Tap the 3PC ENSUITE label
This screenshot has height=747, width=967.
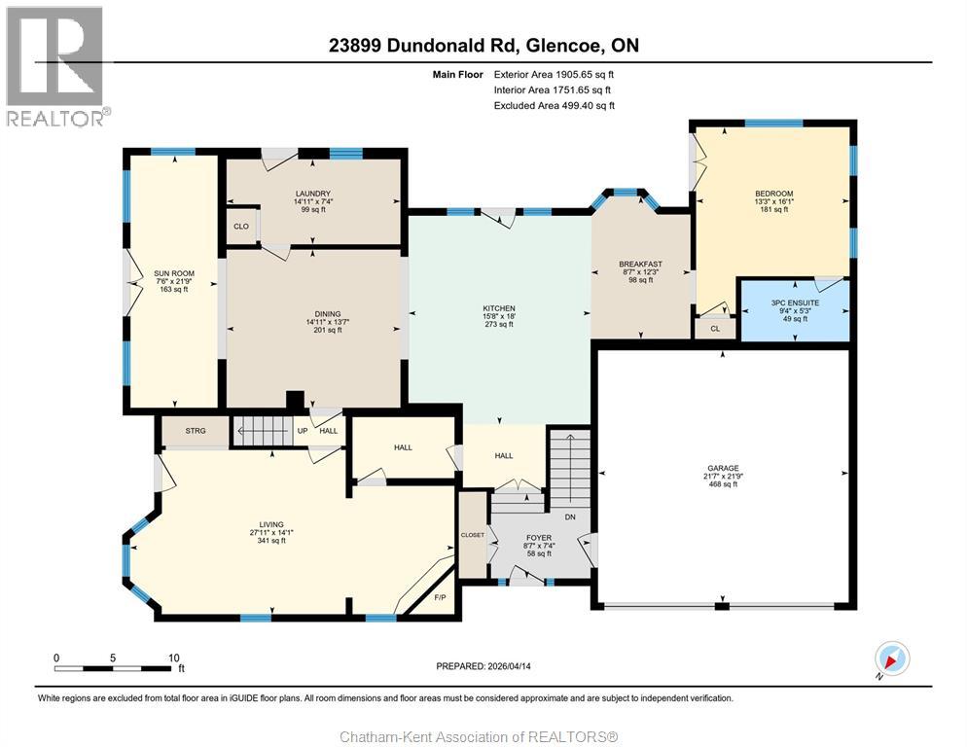tap(795, 302)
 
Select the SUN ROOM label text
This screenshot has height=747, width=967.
tap(175, 273)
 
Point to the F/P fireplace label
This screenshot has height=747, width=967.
tap(439, 597)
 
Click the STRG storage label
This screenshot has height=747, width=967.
tap(196, 430)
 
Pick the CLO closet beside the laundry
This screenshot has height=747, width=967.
tap(241, 227)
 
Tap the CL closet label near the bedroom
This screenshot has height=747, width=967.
tap(715, 329)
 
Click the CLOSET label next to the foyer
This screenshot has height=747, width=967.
tap(473, 535)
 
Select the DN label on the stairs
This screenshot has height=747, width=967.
tap(570, 516)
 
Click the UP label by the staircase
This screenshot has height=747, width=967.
tap(303, 431)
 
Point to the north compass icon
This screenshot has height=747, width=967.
tap(891, 659)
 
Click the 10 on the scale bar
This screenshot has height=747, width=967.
tap(174, 658)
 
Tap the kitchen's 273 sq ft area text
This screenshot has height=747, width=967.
tap(499, 325)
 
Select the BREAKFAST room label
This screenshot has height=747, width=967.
tap(640, 264)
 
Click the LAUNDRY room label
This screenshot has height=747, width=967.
tap(313, 194)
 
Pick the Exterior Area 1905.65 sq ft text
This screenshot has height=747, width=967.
tap(554, 74)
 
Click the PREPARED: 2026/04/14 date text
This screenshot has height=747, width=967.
tap(483, 666)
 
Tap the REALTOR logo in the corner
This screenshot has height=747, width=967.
tap(55, 65)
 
